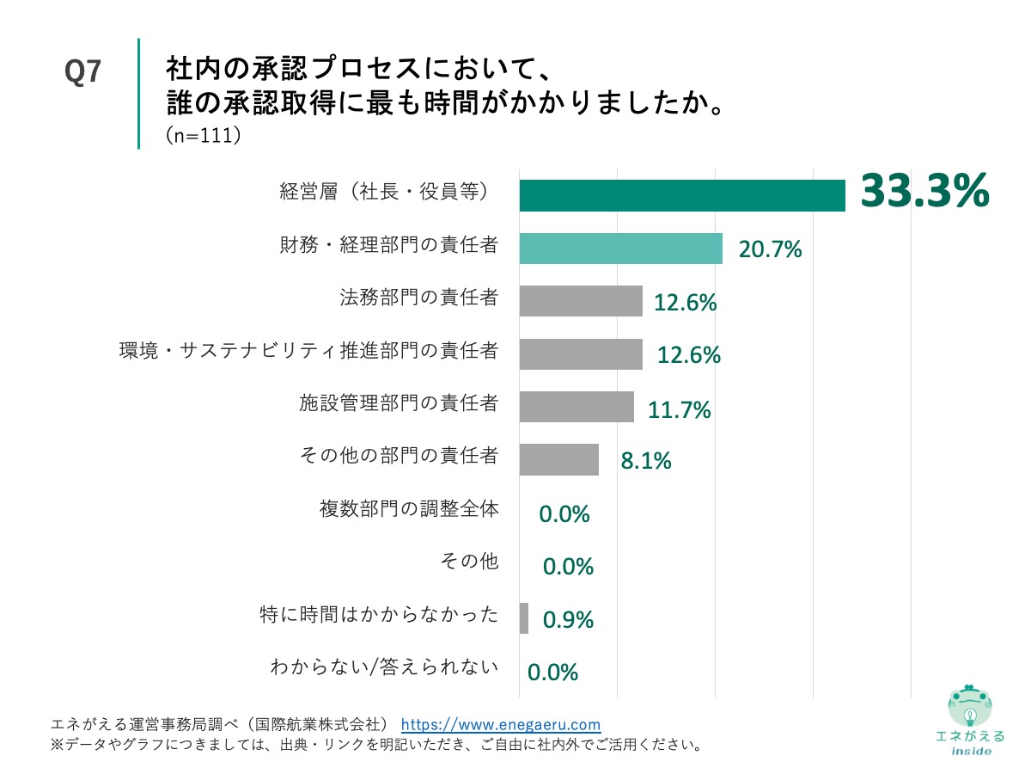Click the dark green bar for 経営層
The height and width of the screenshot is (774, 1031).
(682, 195)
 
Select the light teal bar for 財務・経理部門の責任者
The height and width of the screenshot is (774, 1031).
(620, 249)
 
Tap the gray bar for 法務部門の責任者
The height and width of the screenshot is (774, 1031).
(581, 301)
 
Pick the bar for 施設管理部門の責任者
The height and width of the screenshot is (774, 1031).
(577, 407)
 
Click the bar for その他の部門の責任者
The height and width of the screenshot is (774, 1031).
(558, 459)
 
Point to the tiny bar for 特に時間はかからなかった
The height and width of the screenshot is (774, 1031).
(524, 618)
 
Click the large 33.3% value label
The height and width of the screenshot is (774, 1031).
(924, 191)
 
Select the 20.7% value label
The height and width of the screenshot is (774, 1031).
(770, 249)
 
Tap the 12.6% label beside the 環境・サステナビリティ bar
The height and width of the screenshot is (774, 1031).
(688, 354)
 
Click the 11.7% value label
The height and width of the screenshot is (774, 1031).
(679, 410)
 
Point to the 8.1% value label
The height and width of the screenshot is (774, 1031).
(645, 461)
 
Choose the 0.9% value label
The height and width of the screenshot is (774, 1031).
(568, 619)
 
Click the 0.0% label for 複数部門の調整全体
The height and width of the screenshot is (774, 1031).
(564, 514)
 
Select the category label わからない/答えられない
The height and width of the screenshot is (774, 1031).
(384, 666)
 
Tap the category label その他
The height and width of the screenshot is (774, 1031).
(468, 562)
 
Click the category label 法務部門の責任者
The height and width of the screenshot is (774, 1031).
(419, 298)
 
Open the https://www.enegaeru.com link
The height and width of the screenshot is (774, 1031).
(501, 724)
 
